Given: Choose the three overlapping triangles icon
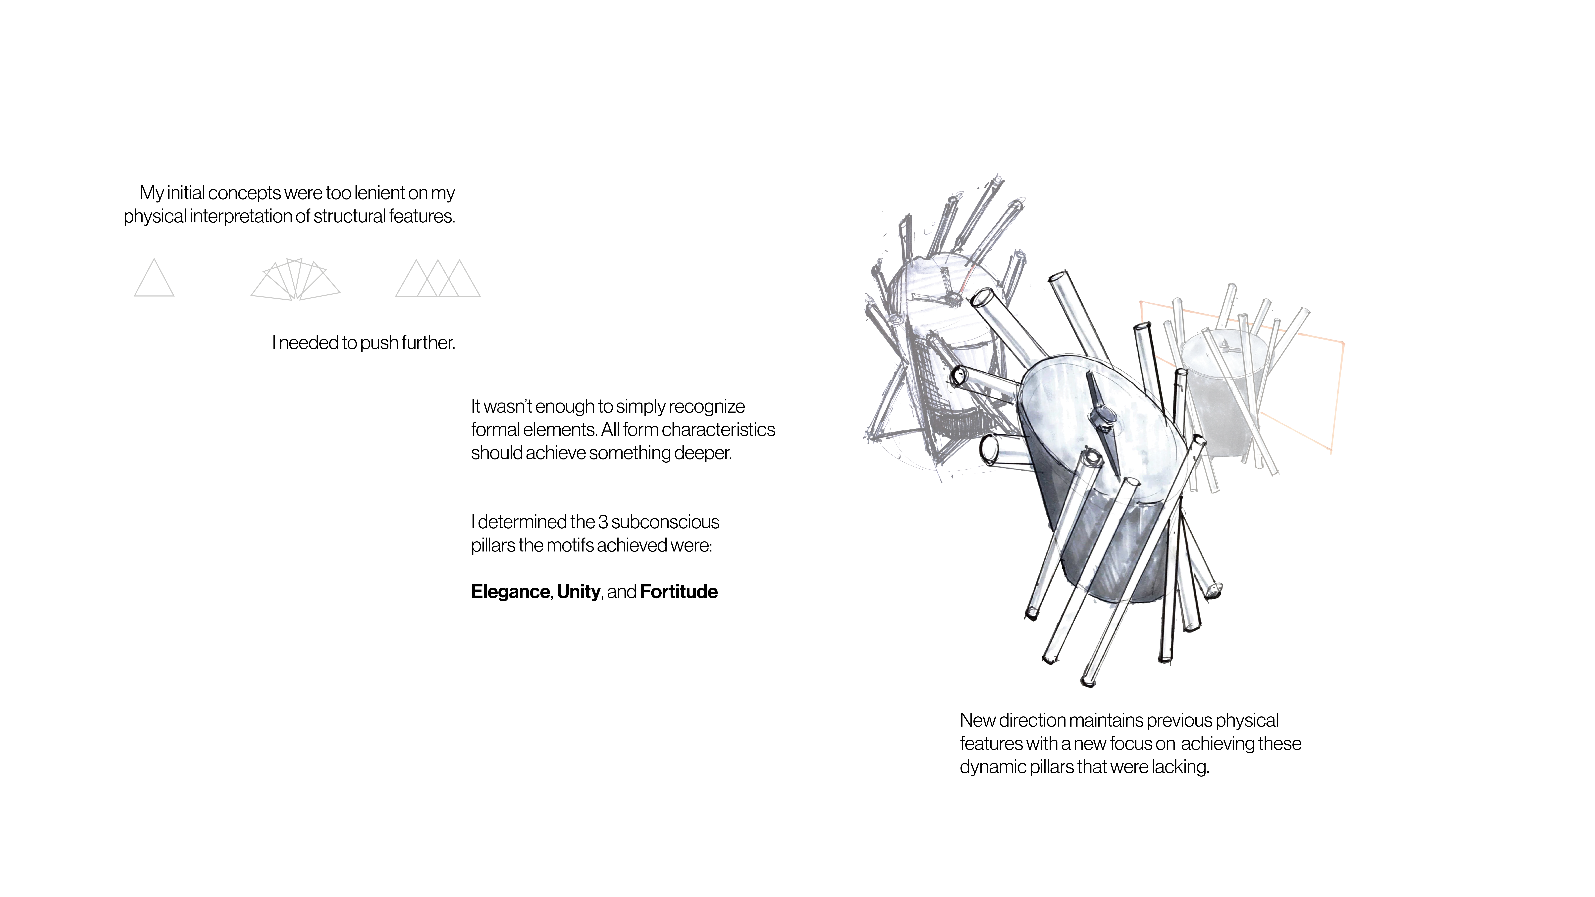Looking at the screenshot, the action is pos(438,279).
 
